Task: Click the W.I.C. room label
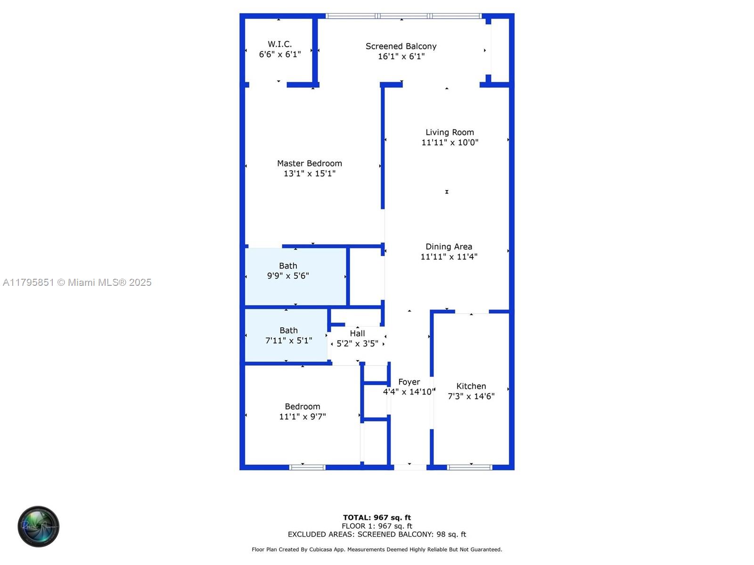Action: click(x=279, y=44)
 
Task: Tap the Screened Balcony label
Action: click(x=401, y=46)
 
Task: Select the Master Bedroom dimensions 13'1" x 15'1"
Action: click(x=310, y=174)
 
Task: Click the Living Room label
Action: click(x=450, y=132)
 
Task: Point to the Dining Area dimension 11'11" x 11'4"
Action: click(x=449, y=257)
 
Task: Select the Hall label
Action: click(x=357, y=333)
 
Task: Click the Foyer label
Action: click(x=409, y=382)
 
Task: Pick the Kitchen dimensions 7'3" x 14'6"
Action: click(x=471, y=396)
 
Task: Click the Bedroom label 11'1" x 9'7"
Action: click(x=302, y=407)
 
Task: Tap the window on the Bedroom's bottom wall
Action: click(x=307, y=468)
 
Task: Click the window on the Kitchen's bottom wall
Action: click(x=469, y=468)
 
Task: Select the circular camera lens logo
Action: click(x=38, y=526)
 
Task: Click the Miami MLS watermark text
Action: click(x=77, y=282)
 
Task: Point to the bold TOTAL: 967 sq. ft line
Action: click(x=377, y=517)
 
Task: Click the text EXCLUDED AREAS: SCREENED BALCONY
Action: click(x=377, y=534)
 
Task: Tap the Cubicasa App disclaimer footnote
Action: click(x=377, y=549)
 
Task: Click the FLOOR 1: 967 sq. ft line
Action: click(x=377, y=526)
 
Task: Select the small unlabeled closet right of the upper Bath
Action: click(x=366, y=277)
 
